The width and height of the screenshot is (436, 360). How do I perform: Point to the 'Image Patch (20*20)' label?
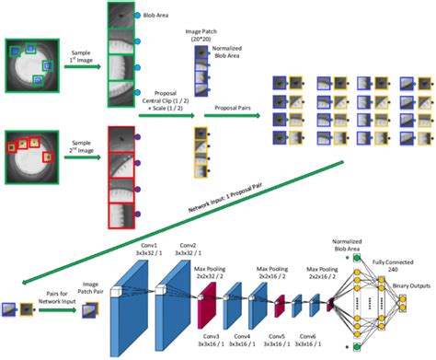point(201,36)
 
